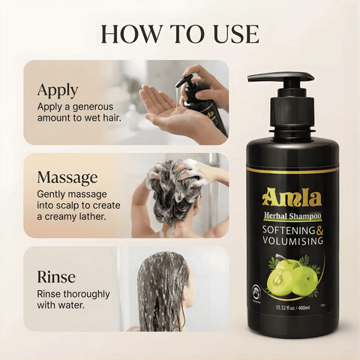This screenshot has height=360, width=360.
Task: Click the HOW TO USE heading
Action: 180,33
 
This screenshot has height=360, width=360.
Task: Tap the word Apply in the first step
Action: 57,89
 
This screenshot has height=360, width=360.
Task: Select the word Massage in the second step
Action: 67,178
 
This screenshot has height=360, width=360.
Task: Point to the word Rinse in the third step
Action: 56,277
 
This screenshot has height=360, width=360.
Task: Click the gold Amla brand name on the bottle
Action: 292,198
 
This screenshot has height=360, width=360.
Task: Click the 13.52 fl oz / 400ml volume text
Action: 292,307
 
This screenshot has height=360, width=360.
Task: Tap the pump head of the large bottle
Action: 281,78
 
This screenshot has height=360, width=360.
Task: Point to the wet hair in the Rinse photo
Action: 161,289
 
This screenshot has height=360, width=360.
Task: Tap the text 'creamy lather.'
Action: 73,217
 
